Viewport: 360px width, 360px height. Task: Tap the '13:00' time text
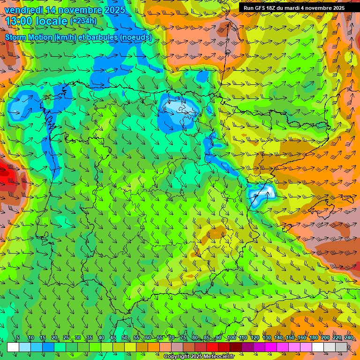20,21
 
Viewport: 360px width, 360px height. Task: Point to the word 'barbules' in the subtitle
102,37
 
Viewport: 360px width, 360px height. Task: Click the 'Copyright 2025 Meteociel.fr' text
199,357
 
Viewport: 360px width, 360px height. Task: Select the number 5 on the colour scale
18,338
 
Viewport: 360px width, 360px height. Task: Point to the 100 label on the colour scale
231,338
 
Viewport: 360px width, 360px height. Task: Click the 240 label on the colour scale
348,338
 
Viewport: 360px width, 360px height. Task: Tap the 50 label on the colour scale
124,338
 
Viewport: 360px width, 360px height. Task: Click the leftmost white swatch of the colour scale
13,347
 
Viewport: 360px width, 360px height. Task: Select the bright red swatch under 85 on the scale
212,347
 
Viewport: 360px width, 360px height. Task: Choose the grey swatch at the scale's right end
341,347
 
